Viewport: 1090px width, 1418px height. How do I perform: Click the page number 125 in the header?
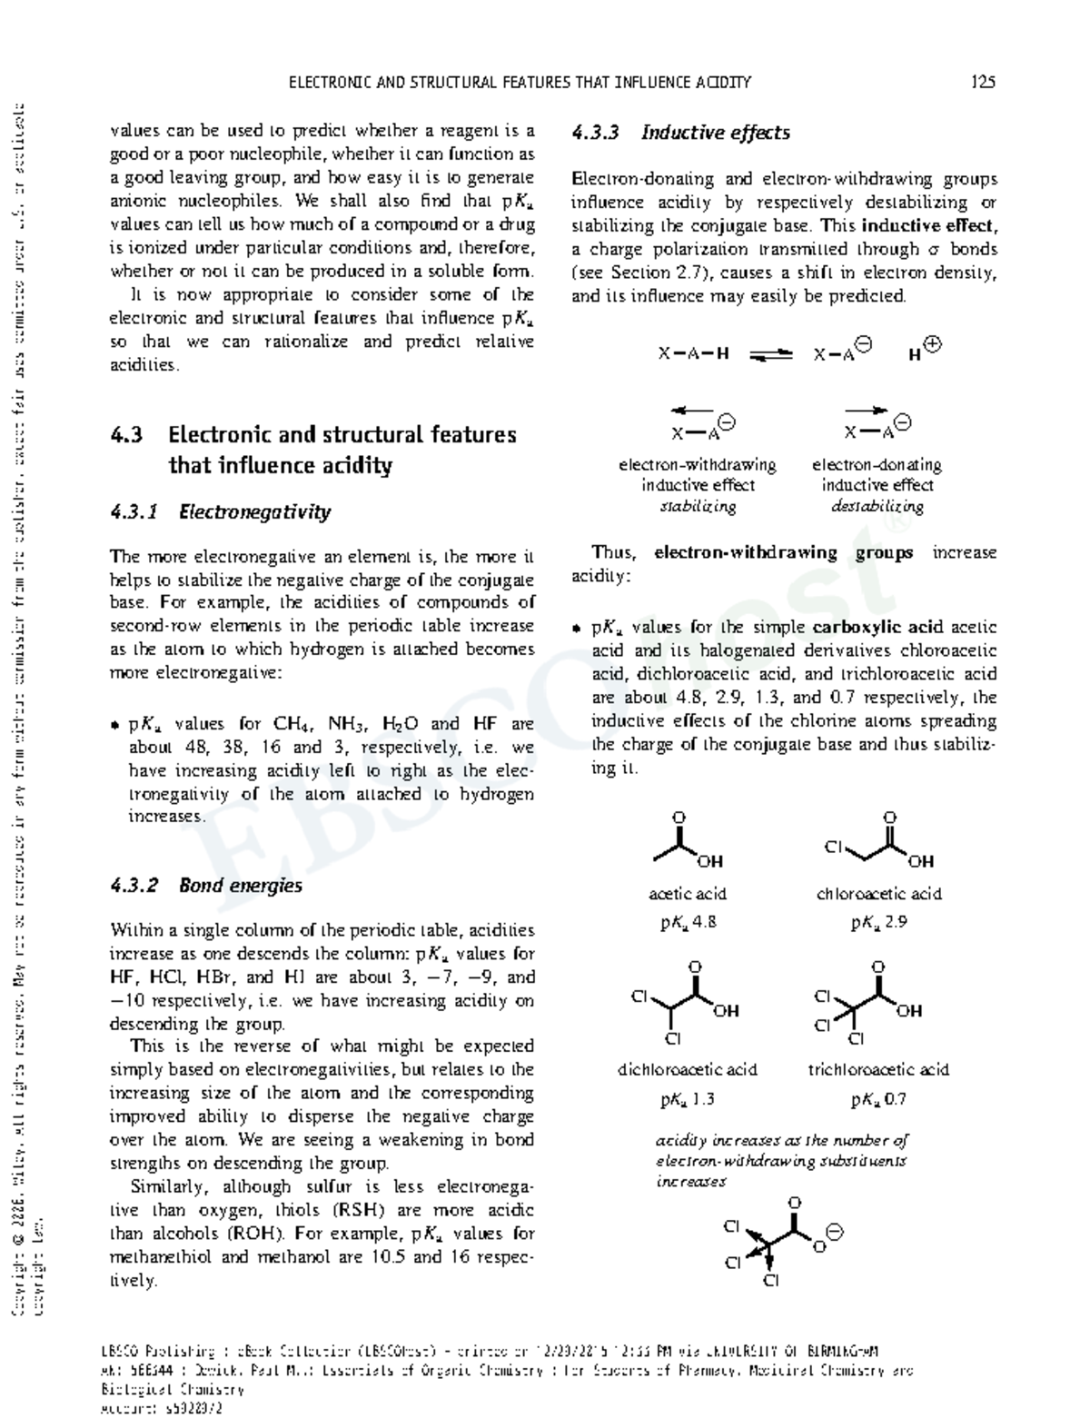click(x=983, y=82)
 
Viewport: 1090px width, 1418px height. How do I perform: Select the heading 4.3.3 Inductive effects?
click(x=680, y=133)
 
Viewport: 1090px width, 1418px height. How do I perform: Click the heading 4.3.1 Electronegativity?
click(x=220, y=512)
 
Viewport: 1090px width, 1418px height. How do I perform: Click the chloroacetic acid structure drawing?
click(x=878, y=841)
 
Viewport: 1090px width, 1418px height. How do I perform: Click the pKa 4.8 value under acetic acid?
click(x=688, y=923)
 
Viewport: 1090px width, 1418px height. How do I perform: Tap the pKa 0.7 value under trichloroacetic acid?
click(x=878, y=1100)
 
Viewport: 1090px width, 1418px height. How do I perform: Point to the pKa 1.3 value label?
click(x=688, y=1100)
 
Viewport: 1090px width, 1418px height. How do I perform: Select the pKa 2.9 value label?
click(x=878, y=923)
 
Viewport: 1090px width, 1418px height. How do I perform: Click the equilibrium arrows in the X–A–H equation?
click(x=771, y=354)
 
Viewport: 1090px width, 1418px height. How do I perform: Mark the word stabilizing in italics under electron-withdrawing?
click(x=697, y=507)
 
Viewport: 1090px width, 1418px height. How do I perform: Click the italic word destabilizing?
click(x=877, y=507)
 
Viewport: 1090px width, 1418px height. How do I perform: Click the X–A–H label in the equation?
click(x=693, y=354)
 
